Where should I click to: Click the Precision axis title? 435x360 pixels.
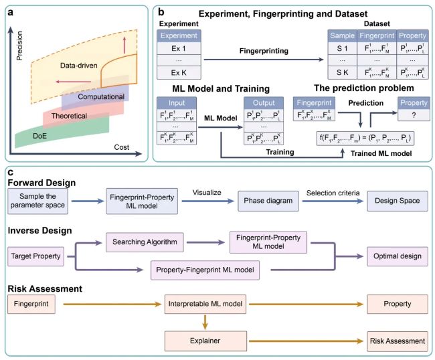tap(19, 46)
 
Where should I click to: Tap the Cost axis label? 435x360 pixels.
tap(122, 147)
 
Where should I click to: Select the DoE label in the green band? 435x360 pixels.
tap(39, 136)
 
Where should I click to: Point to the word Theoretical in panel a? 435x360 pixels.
tap(69, 116)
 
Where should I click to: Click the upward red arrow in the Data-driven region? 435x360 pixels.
tap(124, 45)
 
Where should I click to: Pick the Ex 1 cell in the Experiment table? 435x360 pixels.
tap(179, 48)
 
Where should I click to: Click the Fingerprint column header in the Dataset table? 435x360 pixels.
tap(377, 35)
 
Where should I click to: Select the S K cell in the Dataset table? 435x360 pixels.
tap(343, 72)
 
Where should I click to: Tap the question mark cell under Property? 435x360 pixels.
tap(414, 115)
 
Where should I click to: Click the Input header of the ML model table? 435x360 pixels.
tap(177, 103)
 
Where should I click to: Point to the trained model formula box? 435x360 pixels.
tap(365, 138)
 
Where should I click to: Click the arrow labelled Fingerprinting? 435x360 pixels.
tap(264, 60)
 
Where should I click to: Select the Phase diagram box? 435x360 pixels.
tap(268, 201)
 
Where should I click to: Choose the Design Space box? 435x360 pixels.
tap(398, 201)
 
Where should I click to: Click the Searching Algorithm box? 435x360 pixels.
tap(145, 242)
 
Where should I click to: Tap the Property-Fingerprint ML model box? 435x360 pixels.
tap(205, 270)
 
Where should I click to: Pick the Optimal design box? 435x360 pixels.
tap(398, 256)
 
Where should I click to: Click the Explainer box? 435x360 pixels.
tap(205, 341)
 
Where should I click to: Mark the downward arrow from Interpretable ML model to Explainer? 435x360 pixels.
tap(205, 322)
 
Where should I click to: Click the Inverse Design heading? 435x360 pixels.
tap(39, 230)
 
